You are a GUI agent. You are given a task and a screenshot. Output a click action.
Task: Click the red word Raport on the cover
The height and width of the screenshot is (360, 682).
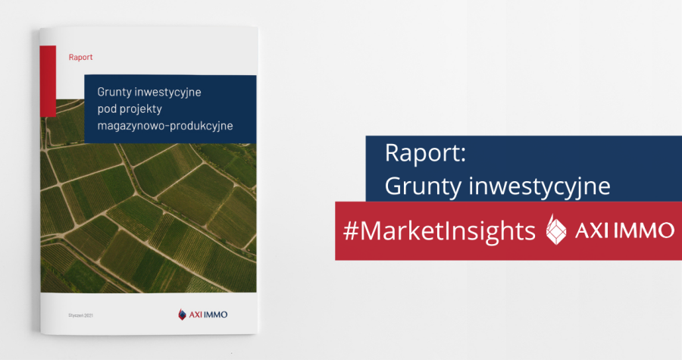pyautogui.click(x=80, y=57)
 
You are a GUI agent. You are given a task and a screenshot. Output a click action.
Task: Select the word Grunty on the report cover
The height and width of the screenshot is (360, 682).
pyautogui.click(x=114, y=92)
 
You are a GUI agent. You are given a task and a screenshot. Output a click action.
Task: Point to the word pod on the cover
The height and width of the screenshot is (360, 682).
pyautogui.click(x=108, y=108)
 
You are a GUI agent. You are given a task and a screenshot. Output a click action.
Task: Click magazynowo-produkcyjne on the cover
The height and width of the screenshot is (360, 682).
pyautogui.click(x=164, y=125)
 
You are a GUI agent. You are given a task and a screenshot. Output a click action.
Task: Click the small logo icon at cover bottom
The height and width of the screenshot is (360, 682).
pyautogui.click(x=182, y=314)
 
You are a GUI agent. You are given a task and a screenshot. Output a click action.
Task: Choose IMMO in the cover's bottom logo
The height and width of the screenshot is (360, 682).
pyautogui.click(x=218, y=314)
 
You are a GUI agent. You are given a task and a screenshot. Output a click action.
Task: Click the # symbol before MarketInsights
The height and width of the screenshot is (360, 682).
pyautogui.click(x=351, y=231)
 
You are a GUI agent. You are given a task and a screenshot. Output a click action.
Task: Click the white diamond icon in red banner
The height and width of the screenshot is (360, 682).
pyautogui.click(x=557, y=230)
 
